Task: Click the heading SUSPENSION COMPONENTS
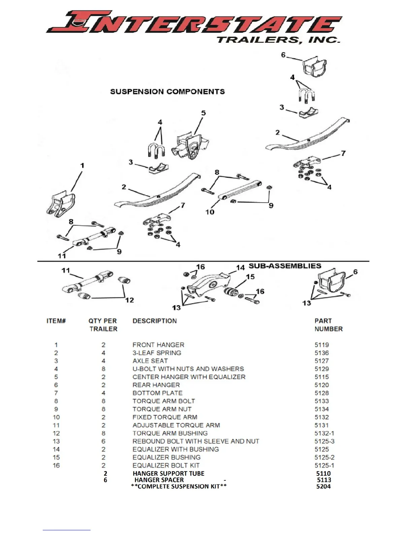[x=167, y=92]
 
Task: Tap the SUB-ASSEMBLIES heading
[x=285, y=266]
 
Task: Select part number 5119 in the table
[x=321, y=345]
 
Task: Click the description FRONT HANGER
[x=158, y=345]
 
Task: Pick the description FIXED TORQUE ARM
[x=165, y=417]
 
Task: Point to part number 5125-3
[x=324, y=441]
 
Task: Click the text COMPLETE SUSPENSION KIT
[x=179, y=486]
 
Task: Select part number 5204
[x=323, y=486]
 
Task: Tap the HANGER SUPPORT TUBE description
[x=168, y=473]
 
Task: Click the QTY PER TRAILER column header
[x=103, y=325]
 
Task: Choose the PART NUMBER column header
[x=328, y=325]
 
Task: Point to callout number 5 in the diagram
[x=203, y=113]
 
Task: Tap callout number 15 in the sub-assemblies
[x=250, y=277]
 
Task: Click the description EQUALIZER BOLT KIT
[x=166, y=465]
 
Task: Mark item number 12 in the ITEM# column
[x=56, y=433]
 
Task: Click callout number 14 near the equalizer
[x=240, y=268]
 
